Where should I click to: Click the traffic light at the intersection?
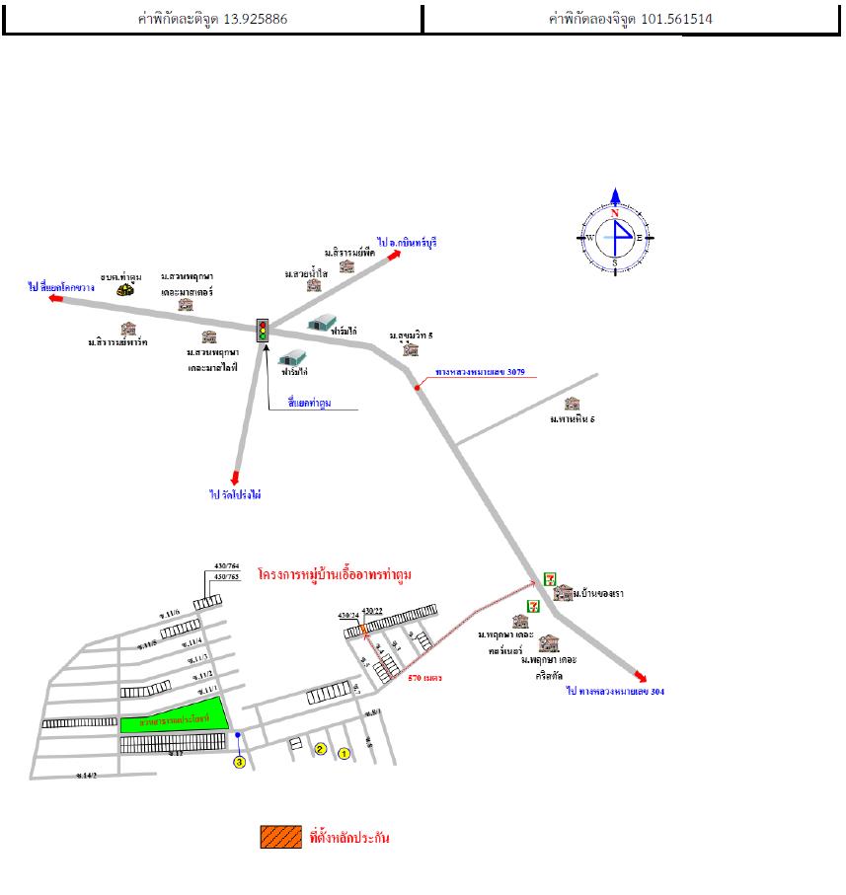(x=263, y=330)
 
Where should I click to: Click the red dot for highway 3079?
(x=418, y=388)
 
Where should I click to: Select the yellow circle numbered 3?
(x=238, y=762)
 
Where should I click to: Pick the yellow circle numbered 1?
(x=344, y=754)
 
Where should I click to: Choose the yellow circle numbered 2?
(x=320, y=749)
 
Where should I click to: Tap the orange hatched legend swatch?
(x=280, y=837)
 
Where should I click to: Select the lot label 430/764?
(x=227, y=565)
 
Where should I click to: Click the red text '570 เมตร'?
(x=424, y=678)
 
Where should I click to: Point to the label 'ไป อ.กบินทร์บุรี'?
(x=407, y=242)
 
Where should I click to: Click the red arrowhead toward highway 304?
(x=642, y=678)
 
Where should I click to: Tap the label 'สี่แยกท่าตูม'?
(x=309, y=404)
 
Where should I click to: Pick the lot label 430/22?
(x=373, y=612)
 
